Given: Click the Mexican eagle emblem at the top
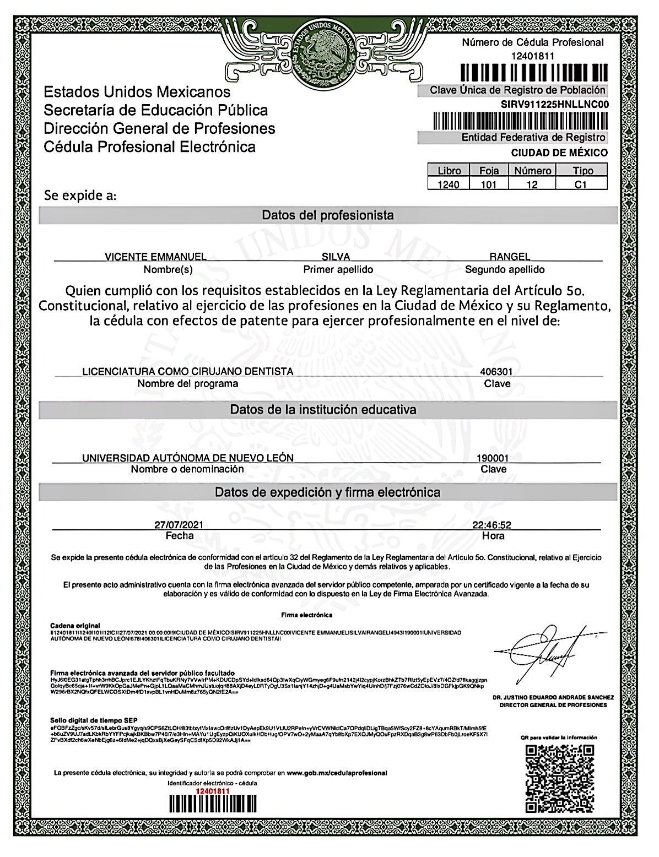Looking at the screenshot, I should point(323,53).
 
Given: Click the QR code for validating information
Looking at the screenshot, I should point(559,778).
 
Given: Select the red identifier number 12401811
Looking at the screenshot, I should point(213,790).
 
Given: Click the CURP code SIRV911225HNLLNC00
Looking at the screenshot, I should point(554,104).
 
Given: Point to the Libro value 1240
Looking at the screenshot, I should point(448,185).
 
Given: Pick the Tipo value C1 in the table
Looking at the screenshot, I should point(581,185).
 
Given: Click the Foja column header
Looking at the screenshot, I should point(489,171).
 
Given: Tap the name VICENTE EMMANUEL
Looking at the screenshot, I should point(155,256).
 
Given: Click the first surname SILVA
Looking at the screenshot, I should point(336,257).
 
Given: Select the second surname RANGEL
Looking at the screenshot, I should point(510,256).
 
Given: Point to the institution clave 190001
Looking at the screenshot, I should point(493,458).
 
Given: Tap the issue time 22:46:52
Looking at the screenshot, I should point(492,525).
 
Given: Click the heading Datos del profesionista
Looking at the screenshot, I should point(328,215).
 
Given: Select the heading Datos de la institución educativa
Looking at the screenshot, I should point(323,410).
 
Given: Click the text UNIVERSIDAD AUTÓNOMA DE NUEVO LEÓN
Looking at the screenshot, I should point(187,458).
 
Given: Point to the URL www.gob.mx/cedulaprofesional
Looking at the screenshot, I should point(337,773).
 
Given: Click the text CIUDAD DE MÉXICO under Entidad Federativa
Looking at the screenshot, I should point(559,153).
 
